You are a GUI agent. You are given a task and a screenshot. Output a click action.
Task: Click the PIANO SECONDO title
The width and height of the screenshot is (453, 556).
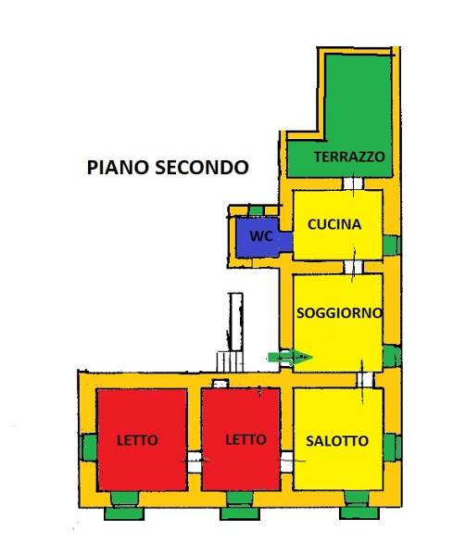(168, 168)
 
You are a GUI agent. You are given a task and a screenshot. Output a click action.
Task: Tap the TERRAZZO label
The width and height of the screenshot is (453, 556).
(349, 157)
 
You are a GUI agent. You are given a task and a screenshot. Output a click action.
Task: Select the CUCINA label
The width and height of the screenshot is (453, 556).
(334, 224)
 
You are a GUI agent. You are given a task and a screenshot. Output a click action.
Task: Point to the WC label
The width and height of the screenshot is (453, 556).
(261, 235)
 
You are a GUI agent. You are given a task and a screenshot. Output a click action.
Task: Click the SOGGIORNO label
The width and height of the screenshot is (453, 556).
(340, 313)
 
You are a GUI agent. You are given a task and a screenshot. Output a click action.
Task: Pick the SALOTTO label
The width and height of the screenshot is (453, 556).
(337, 441)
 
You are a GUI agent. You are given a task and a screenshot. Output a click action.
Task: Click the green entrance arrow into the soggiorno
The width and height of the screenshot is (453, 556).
(290, 358)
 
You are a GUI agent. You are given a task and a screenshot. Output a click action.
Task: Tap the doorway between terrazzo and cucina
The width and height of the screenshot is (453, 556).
(353, 183)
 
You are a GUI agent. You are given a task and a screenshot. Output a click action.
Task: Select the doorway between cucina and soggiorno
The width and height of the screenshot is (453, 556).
(353, 267)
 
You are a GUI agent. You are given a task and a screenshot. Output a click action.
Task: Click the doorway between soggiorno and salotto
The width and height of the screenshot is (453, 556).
(365, 380)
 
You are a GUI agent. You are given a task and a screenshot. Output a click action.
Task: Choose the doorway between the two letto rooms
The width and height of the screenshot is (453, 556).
(195, 461)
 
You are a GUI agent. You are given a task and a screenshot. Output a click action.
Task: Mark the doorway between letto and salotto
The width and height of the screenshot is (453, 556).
(287, 461)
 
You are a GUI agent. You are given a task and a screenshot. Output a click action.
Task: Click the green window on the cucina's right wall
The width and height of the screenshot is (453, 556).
(392, 245)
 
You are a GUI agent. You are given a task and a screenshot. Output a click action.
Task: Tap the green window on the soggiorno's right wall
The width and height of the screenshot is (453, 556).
(392, 356)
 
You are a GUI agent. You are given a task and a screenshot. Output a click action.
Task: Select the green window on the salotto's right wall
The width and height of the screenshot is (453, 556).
(392, 448)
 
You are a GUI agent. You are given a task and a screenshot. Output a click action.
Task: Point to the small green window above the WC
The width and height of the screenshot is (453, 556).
(256, 211)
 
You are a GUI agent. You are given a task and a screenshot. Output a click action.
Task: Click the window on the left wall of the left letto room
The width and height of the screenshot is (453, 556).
(89, 448)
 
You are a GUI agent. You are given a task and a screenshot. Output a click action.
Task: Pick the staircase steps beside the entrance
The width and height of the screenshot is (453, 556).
(230, 361)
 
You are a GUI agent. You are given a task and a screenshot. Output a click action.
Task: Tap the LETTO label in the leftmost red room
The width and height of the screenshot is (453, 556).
(137, 440)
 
